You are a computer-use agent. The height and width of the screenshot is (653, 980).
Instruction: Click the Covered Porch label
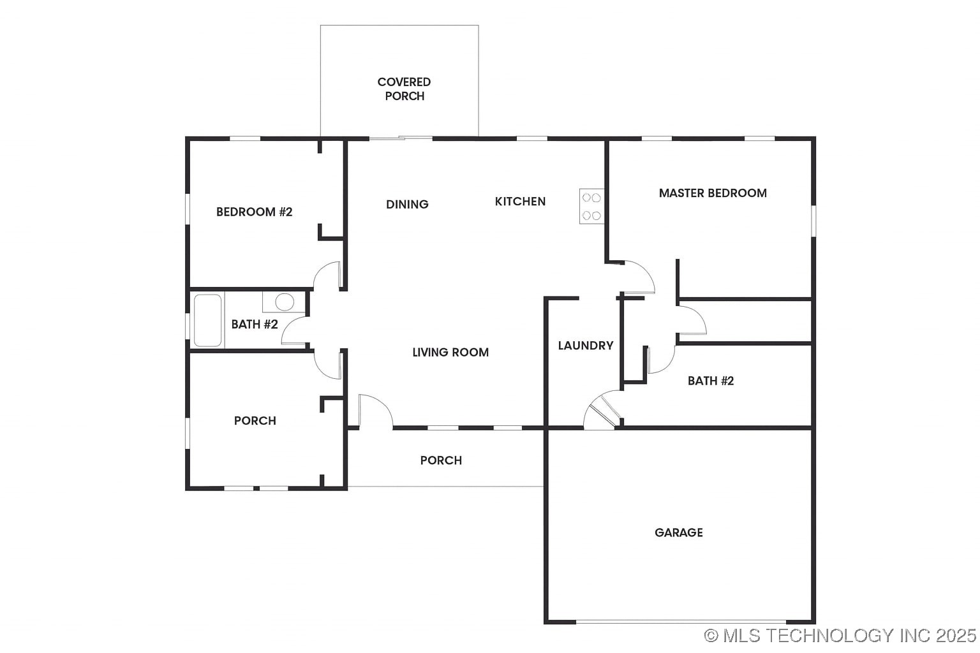[404, 89]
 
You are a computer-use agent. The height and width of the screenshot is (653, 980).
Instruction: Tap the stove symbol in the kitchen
[591, 206]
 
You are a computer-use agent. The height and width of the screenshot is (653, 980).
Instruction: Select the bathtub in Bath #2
[207, 320]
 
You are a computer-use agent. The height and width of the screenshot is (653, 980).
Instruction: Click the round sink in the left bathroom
[285, 302]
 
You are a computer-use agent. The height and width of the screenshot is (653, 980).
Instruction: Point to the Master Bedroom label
[713, 193]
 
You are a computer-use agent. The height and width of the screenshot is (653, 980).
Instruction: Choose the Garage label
[678, 532]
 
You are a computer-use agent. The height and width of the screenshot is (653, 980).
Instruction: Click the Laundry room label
[585, 345]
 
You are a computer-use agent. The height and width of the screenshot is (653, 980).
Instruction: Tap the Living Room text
[450, 352]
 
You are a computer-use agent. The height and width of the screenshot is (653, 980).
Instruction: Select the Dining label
[407, 204]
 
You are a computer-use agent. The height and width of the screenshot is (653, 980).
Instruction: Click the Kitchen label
[520, 202]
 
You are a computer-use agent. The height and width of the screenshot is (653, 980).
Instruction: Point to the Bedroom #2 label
[254, 212]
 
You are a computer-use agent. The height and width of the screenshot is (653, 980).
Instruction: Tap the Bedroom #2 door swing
[329, 275]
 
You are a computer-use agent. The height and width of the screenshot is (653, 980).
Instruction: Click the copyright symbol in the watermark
[711, 635]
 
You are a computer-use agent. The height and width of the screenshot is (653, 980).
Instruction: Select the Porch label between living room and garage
[441, 460]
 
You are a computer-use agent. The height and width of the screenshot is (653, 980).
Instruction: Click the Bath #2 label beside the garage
[711, 381]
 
